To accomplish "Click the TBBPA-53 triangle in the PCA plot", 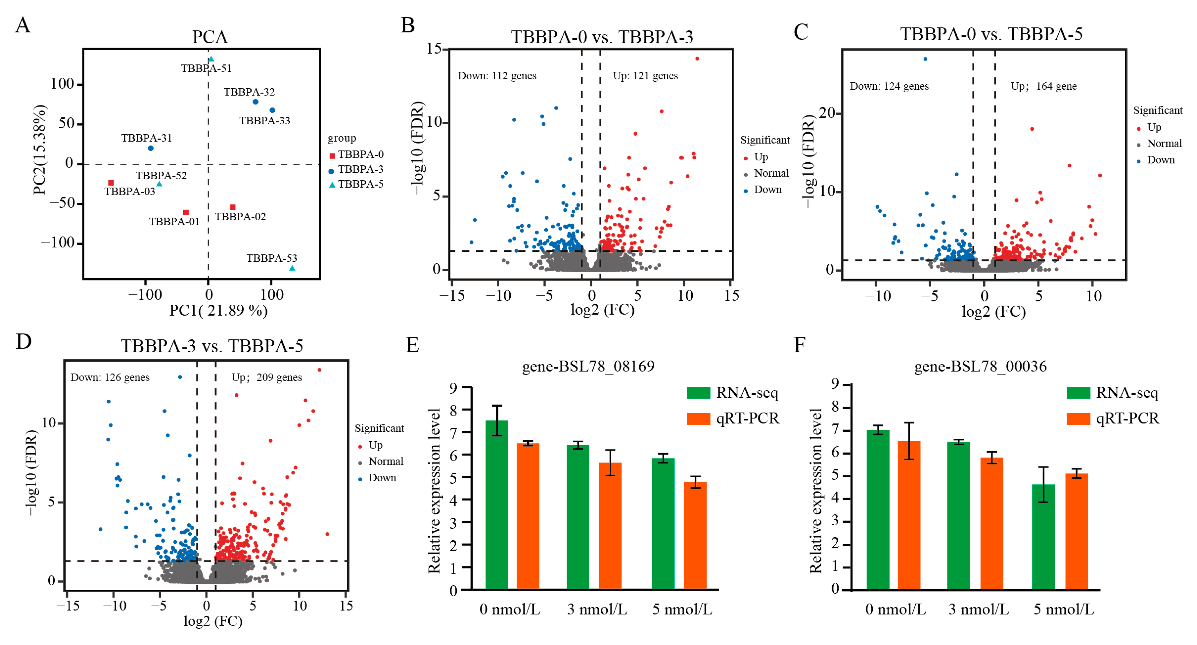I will tap(292, 268).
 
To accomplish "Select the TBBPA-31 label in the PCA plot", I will tap(146, 138).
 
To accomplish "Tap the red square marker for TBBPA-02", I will tap(233, 207).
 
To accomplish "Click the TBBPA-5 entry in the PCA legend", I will tap(360, 184).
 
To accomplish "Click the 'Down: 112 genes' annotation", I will tap(497, 76).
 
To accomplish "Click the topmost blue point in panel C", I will tap(925, 59).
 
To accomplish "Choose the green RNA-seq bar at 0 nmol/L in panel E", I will tap(497, 505).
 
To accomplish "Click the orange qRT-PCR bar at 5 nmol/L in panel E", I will tap(695, 536).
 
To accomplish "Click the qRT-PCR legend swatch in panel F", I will tap(1078, 419).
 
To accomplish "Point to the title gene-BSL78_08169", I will tap(588, 366).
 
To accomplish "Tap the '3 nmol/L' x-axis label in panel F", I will tap(979, 609).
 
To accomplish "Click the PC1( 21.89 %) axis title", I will tap(218, 310).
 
